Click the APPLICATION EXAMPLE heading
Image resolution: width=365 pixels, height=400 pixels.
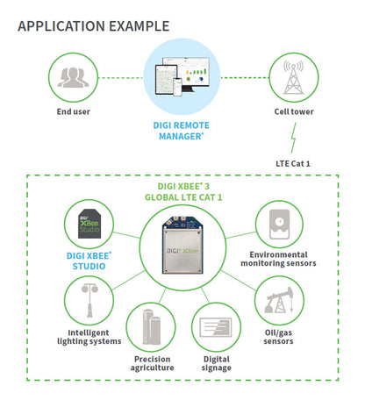(x=101, y=25)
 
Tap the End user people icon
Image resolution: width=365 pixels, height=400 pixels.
(x=73, y=77)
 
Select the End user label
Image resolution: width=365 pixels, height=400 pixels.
(x=73, y=112)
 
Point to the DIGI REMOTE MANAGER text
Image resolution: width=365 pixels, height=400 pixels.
(x=182, y=131)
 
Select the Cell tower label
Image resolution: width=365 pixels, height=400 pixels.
(x=291, y=112)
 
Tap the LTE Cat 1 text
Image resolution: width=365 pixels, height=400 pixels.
(x=294, y=162)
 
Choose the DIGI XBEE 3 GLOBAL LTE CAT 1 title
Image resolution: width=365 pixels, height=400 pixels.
(x=183, y=192)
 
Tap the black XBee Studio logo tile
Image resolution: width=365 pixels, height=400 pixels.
(x=90, y=226)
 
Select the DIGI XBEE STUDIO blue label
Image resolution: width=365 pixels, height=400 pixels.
(x=90, y=261)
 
